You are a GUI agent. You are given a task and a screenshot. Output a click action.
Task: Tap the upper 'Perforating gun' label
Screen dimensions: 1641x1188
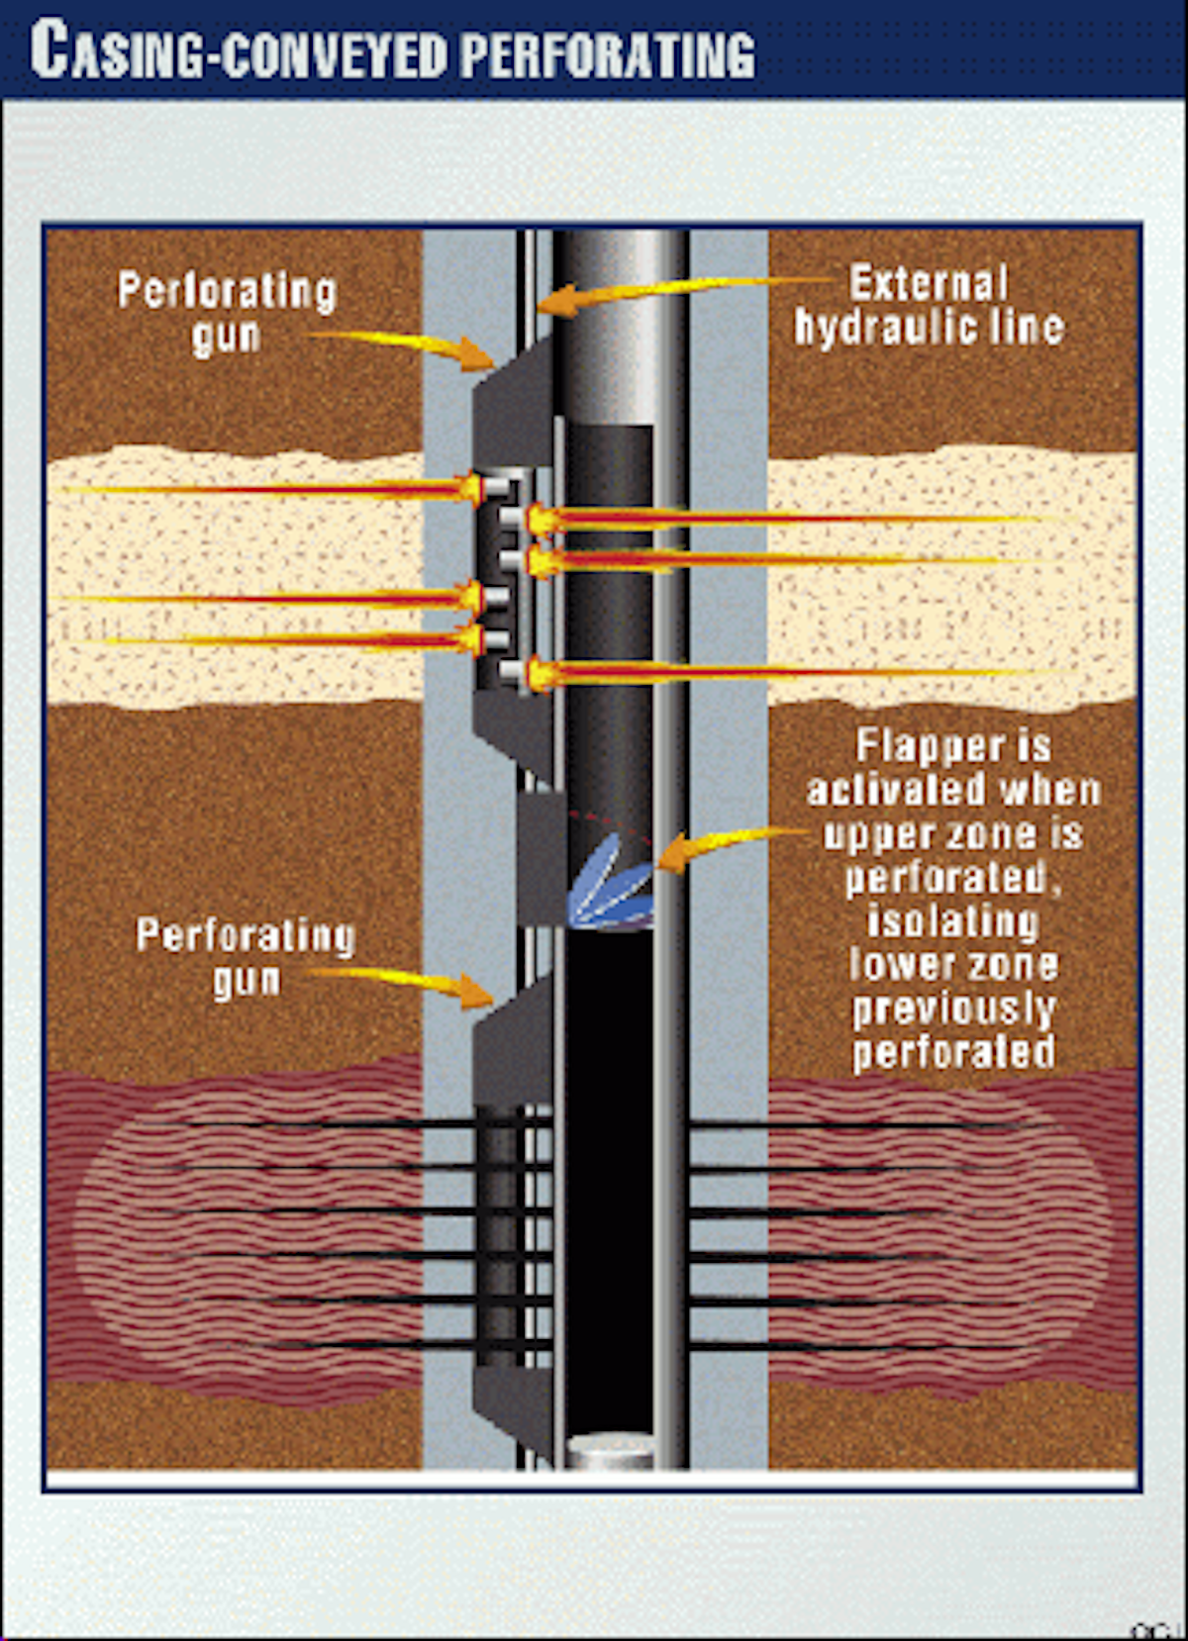(x=227, y=313)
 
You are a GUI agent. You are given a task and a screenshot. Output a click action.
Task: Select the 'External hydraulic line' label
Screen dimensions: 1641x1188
(x=929, y=305)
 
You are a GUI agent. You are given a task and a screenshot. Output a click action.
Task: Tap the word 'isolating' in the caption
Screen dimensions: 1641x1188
(x=952, y=921)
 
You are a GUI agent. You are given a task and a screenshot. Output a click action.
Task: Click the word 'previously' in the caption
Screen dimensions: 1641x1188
(x=953, y=1009)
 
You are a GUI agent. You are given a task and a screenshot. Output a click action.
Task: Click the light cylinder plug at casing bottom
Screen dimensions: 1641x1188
(x=609, y=1451)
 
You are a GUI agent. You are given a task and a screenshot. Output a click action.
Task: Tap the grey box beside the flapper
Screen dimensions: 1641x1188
(x=542, y=856)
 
